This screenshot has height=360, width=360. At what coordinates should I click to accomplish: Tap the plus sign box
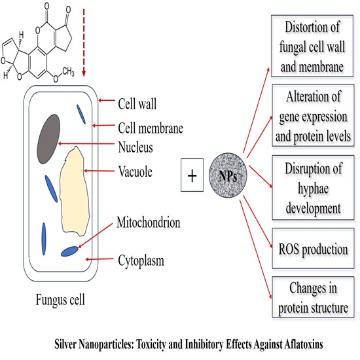tap(193, 177)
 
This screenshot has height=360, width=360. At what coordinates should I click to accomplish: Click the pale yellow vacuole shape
tap(78, 183)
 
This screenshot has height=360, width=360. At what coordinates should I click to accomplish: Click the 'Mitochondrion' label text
tap(149, 223)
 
